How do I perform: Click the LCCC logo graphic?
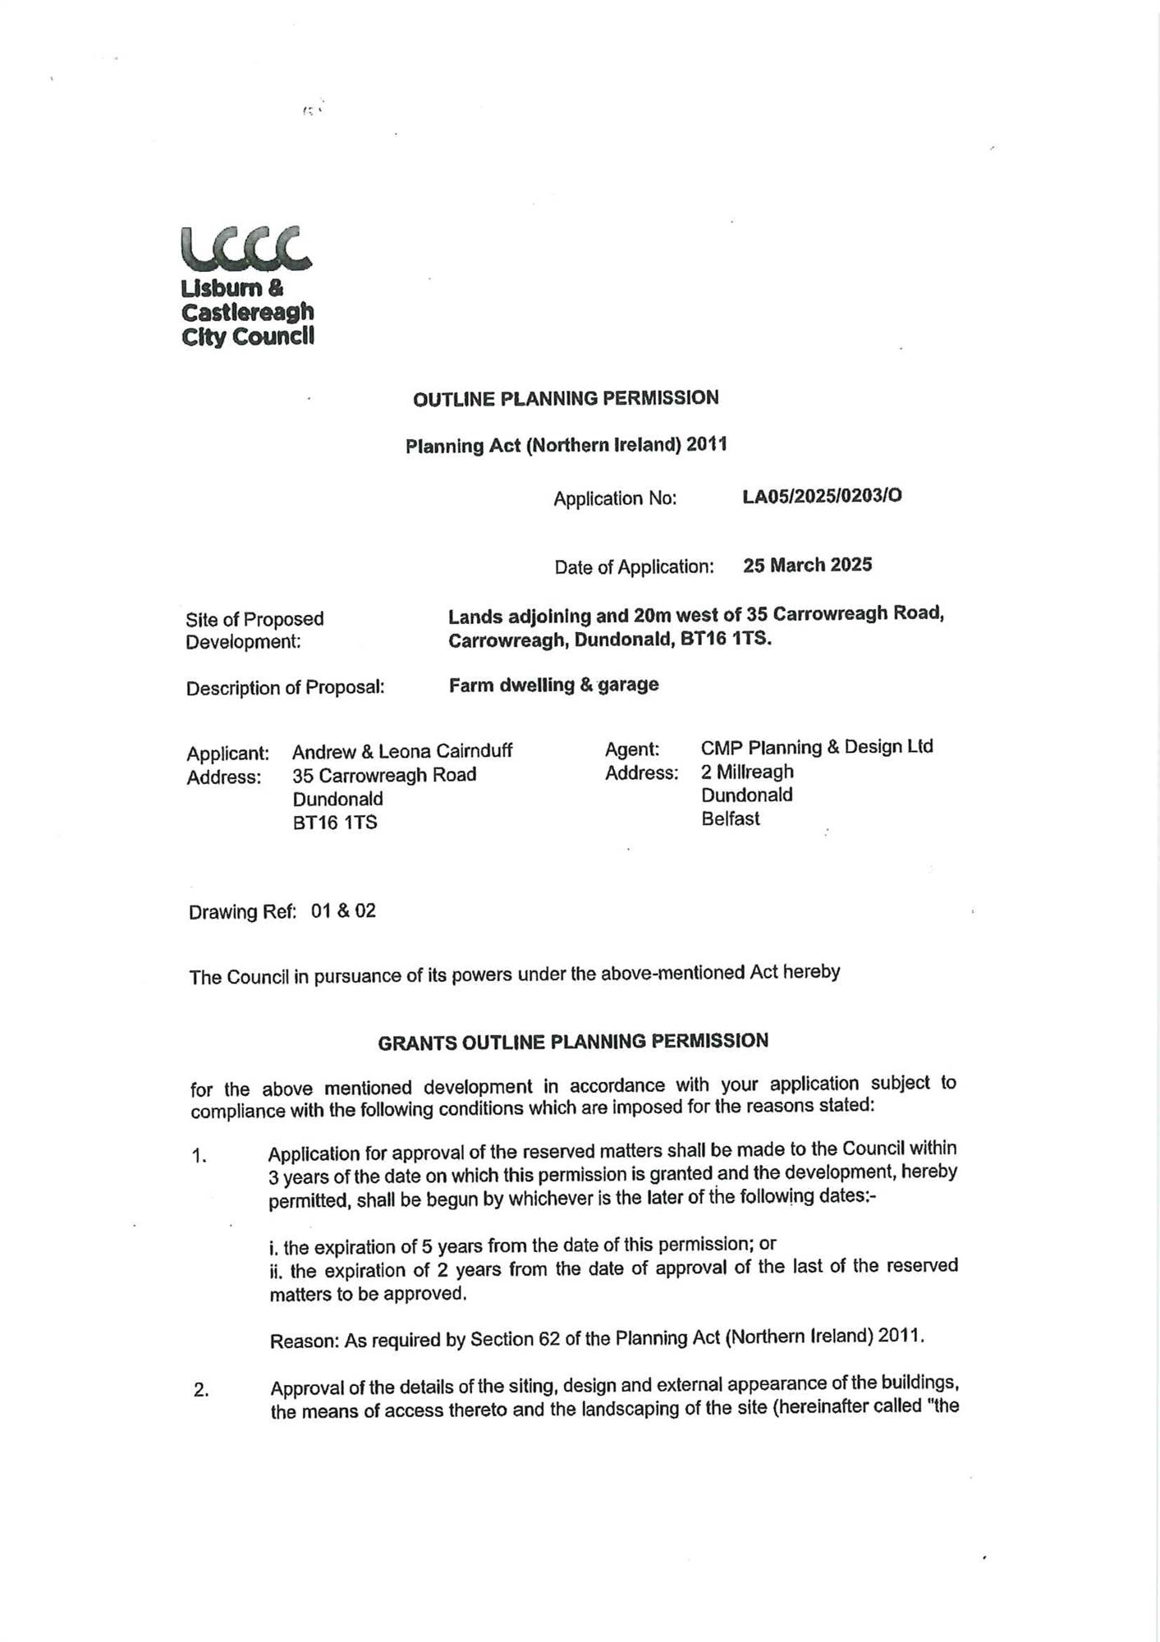coord(246,248)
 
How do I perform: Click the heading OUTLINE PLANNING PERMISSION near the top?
coord(566,399)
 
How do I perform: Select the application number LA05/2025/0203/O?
coord(822,496)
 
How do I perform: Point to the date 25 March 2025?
coord(807,565)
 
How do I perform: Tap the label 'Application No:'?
coord(615,498)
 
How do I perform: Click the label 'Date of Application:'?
coord(634,567)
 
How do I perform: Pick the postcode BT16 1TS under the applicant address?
coord(335,823)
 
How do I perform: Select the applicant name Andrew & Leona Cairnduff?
coord(402,751)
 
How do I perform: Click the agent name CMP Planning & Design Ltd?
coord(817,747)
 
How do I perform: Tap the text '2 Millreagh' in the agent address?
coord(747,772)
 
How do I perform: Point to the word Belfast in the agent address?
coord(731,819)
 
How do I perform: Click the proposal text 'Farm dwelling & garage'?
coord(553,685)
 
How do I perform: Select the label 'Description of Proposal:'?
coord(285,688)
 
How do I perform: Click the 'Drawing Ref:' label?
coord(242,912)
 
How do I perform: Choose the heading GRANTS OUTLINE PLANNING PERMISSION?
coord(573,1042)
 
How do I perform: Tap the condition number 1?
coord(199,1157)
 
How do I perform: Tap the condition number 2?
coord(200,1391)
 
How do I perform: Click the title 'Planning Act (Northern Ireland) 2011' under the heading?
coord(566,445)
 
